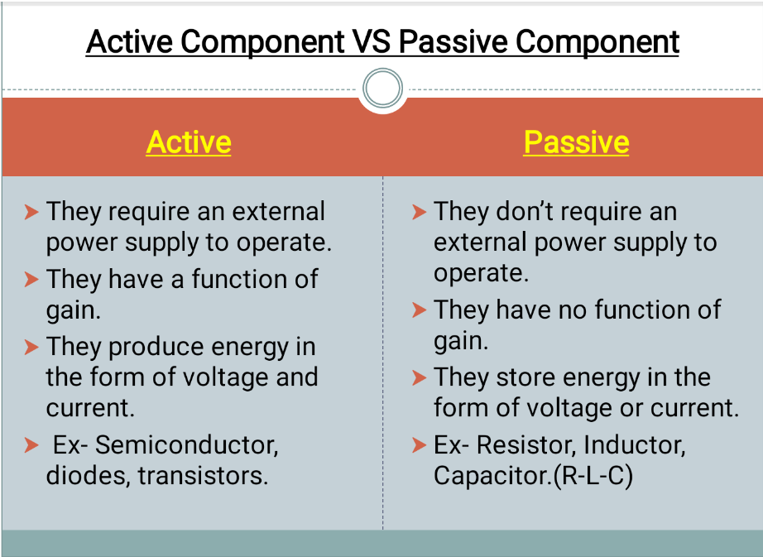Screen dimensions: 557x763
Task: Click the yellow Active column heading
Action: [189, 142]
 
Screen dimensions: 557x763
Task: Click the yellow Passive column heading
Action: [576, 142]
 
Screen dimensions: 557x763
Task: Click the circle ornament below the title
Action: [382, 88]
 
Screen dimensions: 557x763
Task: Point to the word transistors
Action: [204, 477]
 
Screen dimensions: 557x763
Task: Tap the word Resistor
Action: [535, 445]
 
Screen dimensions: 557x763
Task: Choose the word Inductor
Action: [635, 445]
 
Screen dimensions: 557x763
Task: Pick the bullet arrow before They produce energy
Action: [31, 348]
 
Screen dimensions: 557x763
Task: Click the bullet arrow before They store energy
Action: [420, 378]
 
